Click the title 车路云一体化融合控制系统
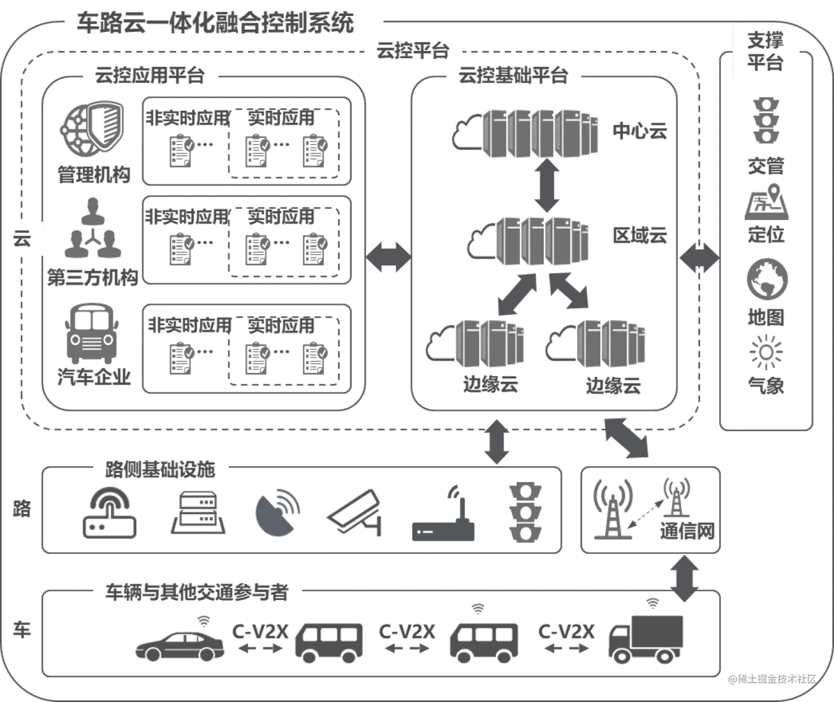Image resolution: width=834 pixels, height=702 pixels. (x=215, y=24)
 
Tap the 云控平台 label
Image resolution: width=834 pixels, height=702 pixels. (x=413, y=51)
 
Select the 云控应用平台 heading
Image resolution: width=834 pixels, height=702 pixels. (x=149, y=75)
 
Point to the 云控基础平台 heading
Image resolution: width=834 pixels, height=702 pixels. (x=513, y=75)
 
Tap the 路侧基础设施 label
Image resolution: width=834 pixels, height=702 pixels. (x=159, y=469)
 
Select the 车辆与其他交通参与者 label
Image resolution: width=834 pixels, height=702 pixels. (x=196, y=592)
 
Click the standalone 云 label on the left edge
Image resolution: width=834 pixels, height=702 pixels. (x=22, y=240)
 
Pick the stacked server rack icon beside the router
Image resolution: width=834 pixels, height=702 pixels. (x=198, y=513)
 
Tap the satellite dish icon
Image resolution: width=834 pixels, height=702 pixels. (x=278, y=512)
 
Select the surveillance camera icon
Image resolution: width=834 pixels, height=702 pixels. (x=354, y=512)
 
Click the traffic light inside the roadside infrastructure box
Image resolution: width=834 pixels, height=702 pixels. (x=525, y=513)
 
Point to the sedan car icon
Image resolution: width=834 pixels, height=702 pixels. (x=179, y=642)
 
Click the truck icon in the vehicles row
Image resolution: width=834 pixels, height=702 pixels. (x=645, y=637)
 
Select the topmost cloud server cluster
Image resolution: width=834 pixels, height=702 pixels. (x=527, y=133)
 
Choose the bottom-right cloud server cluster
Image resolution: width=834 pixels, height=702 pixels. (x=596, y=344)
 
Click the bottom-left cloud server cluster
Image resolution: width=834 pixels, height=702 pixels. (x=474, y=344)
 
